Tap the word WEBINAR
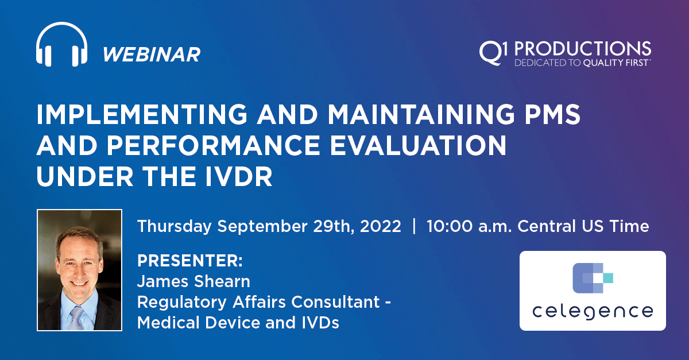[x=152, y=55]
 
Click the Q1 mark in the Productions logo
[x=493, y=51]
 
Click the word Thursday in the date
[x=174, y=226]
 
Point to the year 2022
[x=381, y=226]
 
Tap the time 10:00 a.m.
[x=469, y=226]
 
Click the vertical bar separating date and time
[x=414, y=226]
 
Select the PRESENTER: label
[x=190, y=261]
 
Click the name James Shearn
[x=193, y=282]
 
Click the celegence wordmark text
[x=592, y=312]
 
